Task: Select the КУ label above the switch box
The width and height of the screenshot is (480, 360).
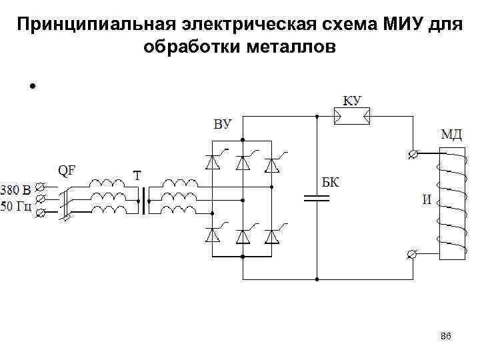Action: [x=352, y=100]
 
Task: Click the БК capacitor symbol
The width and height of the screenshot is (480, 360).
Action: [x=316, y=197]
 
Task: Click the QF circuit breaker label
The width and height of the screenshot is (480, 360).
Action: [x=67, y=170]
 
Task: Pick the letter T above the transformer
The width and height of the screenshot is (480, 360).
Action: [x=137, y=176]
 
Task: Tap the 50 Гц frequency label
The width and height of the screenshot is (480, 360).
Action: [x=16, y=206]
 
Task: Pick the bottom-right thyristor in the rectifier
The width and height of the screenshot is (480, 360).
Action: [x=271, y=236]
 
